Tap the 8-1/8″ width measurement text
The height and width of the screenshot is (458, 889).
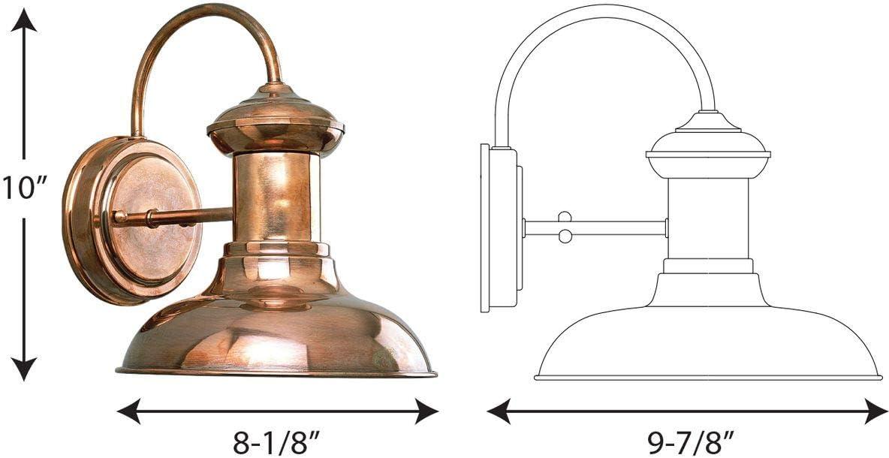tap(277, 441)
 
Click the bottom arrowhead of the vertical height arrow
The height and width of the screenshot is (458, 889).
tap(25, 369)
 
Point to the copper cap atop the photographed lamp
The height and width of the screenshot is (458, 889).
tap(276, 120)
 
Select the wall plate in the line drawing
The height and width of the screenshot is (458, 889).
tap(499, 228)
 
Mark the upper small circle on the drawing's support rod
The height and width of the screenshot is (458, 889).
tap(565, 217)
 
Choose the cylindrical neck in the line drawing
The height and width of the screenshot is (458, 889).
tap(707, 218)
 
